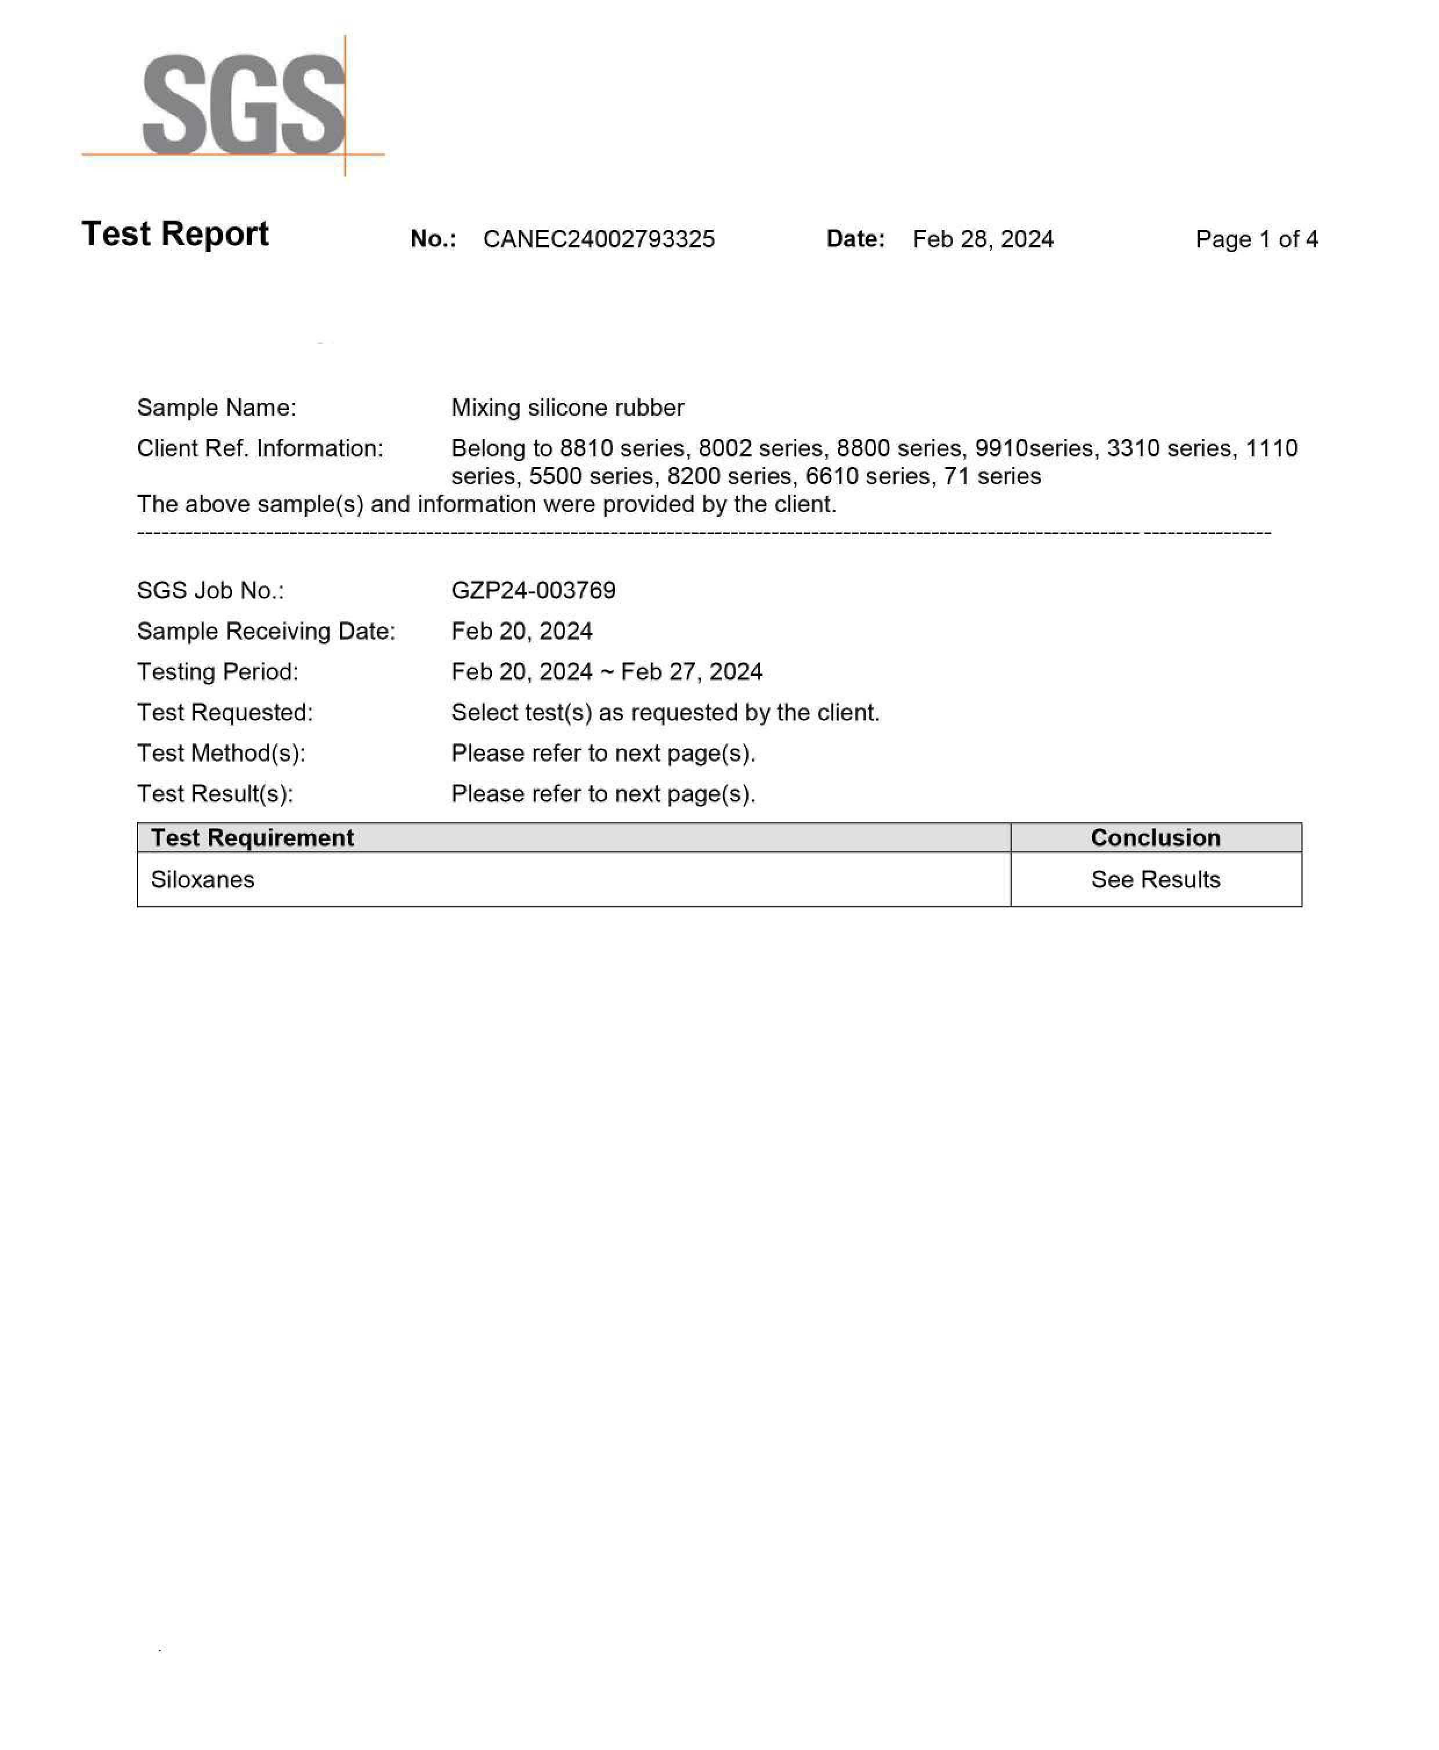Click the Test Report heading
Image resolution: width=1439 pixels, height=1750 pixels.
click(175, 234)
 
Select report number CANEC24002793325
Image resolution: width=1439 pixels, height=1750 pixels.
click(598, 240)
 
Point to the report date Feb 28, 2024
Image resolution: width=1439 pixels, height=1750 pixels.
click(982, 240)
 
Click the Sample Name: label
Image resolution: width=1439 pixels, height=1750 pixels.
click(216, 408)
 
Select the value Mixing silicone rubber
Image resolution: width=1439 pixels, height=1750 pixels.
click(567, 408)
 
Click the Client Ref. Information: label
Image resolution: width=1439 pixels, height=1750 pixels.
click(259, 449)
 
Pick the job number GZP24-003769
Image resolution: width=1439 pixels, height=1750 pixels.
click(533, 590)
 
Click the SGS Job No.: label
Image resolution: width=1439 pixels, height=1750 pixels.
click(211, 590)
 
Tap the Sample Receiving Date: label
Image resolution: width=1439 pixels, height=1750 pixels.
click(266, 631)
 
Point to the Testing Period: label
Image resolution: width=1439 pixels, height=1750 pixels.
click(217, 672)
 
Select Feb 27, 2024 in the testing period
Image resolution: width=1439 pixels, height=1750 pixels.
click(691, 672)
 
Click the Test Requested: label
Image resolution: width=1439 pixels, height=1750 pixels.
click(225, 712)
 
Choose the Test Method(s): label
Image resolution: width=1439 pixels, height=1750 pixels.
click(221, 753)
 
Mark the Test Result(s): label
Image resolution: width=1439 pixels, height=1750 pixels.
click(215, 794)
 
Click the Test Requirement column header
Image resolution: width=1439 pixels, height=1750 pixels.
click(252, 838)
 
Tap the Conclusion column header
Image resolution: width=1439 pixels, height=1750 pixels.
click(1155, 838)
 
